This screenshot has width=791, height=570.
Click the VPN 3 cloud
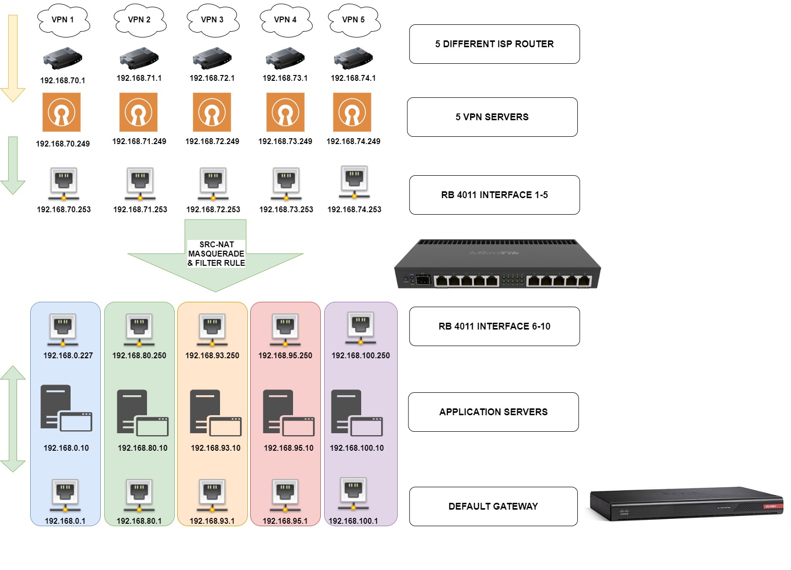point(212,20)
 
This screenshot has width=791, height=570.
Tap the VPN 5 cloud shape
point(353,20)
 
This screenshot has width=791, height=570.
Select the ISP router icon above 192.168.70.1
point(62,58)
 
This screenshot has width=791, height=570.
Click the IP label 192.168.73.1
point(285,78)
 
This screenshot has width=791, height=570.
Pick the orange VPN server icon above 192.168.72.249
point(212,112)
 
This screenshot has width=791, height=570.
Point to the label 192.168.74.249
point(353,141)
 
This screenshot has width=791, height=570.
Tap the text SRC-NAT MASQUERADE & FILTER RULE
point(216,254)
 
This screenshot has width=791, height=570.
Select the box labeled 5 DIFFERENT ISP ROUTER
point(494,44)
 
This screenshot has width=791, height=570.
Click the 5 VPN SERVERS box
point(492,117)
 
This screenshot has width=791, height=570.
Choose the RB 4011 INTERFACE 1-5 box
point(494,195)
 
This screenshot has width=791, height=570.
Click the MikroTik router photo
point(497,264)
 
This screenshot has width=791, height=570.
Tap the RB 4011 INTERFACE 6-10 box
point(494,326)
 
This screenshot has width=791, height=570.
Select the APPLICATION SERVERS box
point(493,412)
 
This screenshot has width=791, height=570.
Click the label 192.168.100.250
point(360,355)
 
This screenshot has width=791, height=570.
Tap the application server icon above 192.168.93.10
point(215,413)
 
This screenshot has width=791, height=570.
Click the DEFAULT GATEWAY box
point(493,506)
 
